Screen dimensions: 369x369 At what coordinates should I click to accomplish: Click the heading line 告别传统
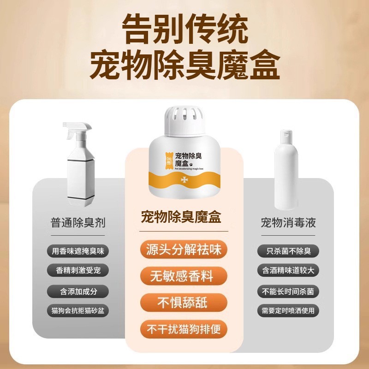(184, 31)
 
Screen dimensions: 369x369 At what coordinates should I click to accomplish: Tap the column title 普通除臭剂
(78, 224)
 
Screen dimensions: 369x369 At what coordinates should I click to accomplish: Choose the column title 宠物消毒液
(288, 224)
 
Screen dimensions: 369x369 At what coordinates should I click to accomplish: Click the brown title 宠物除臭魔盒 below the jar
(184, 217)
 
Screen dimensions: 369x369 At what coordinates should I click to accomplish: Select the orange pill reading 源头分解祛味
(184, 250)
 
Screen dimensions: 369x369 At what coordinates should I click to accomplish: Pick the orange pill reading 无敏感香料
(184, 277)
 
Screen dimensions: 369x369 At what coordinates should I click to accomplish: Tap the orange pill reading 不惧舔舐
(184, 303)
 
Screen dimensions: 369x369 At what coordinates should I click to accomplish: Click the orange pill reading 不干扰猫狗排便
(184, 329)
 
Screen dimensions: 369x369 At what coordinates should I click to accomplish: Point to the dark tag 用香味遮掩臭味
(78, 251)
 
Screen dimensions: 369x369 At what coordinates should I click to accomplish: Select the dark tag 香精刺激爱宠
(78, 271)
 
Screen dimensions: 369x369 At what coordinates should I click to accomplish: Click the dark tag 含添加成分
(78, 291)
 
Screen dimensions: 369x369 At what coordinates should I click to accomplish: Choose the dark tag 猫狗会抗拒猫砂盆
(78, 310)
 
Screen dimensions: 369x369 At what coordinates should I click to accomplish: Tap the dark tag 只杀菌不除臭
(288, 251)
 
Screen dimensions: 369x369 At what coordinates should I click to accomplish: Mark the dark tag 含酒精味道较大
(288, 271)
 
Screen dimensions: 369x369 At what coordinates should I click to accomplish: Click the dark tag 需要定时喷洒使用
(288, 310)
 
